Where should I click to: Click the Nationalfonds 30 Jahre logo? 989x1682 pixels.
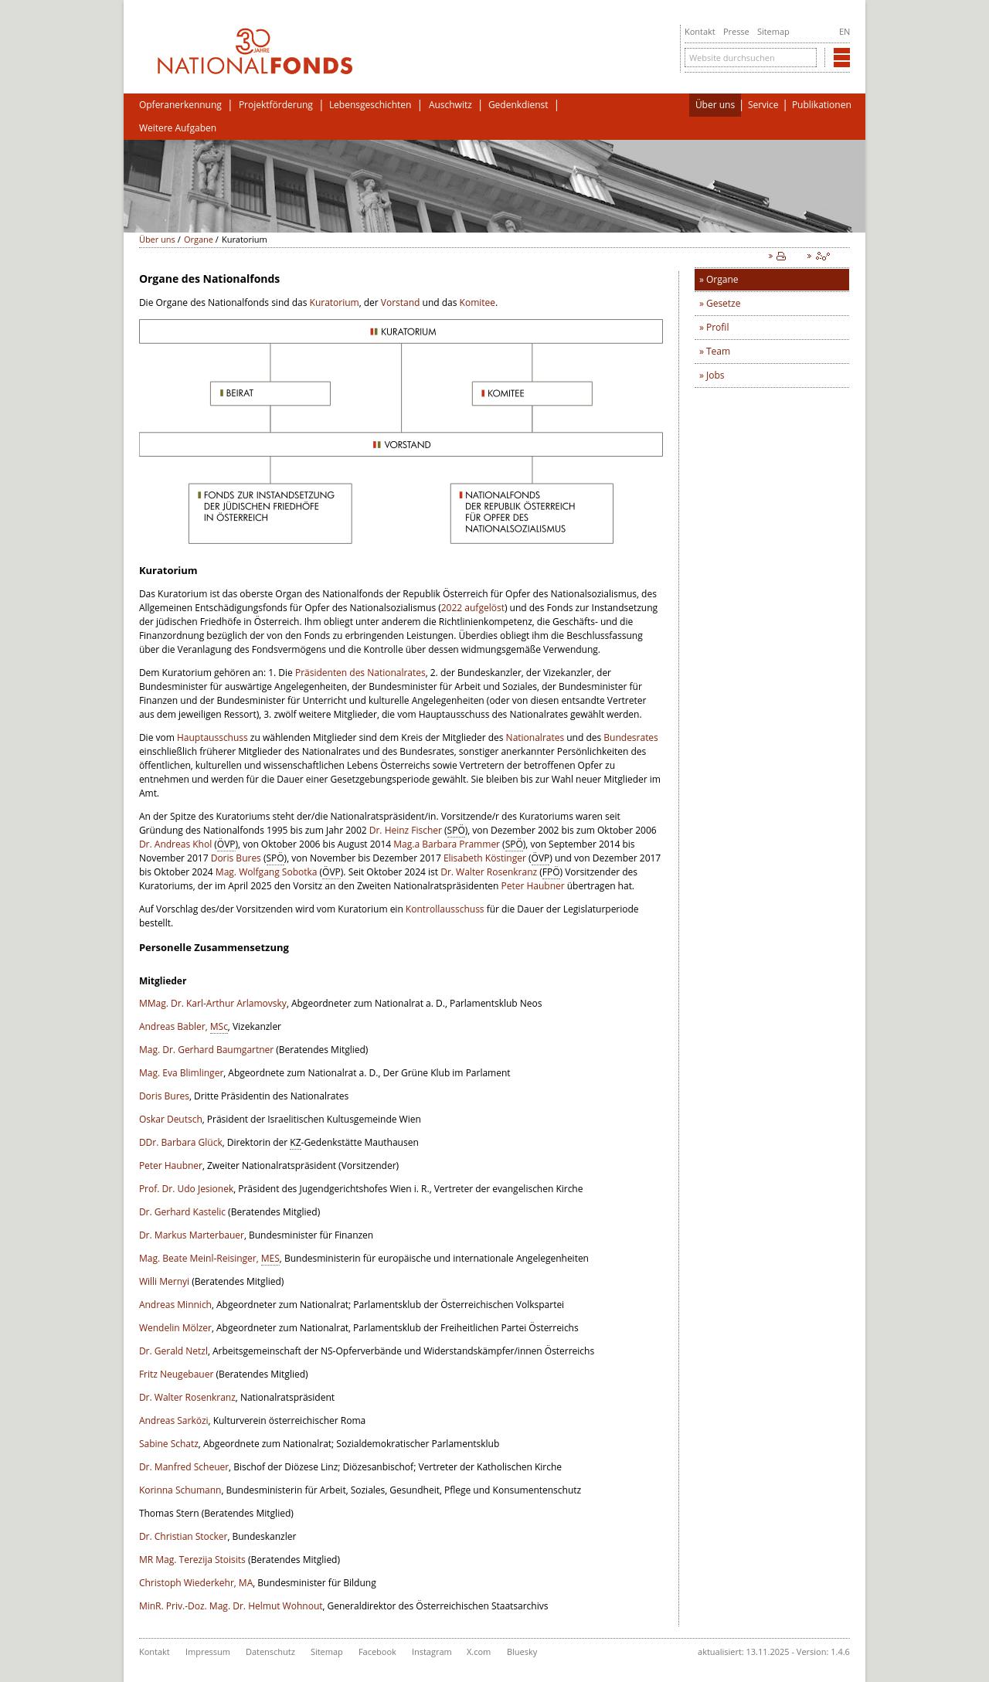pyautogui.click(x=254, y=53)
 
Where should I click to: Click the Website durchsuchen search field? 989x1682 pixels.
pyautogui.click(x=749, y=58)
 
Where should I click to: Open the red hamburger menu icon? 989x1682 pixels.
pyautogui.click(x=841, y=58)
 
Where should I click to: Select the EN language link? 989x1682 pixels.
pyautogui.click(x=844, y=32)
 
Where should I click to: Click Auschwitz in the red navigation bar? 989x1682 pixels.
pyautogui.click(x=450, y=105)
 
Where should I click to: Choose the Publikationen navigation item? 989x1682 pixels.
pyautogui.click(x=821, y=105)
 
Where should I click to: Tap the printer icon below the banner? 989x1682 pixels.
pyautogui.click(x=780, y=257)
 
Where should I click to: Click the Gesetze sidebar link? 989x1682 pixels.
pyautogui.click(x=722, y=304)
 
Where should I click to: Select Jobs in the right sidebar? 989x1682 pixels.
pyautogui.click(x=715, y=375)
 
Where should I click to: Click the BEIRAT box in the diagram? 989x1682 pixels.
pyautogui.click(x=270, y=393)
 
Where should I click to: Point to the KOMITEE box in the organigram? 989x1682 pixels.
pyautogui.click(x=532, y=393)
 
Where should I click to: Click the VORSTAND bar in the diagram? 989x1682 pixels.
pyautogui.click(x=400, y=445)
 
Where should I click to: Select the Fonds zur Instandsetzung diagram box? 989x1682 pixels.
pyautogui.click(x=270, y=513)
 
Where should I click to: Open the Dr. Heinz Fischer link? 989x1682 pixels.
pyautogui.click(x=405, y=831)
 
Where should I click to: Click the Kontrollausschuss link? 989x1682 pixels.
pyautogui.click(x=444, y=909)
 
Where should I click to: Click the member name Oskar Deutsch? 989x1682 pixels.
pyautogui.click(x=170, y=1120)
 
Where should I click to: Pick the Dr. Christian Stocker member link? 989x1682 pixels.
pyautogui.click(x=183, y=1537)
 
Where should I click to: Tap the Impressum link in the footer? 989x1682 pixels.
pyautogui.click(x=207, y=1652)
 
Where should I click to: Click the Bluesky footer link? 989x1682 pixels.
pyautogui.click(x=522, y=1652)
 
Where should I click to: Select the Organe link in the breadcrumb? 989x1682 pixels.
pyautogui.click(x=198, y=240)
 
